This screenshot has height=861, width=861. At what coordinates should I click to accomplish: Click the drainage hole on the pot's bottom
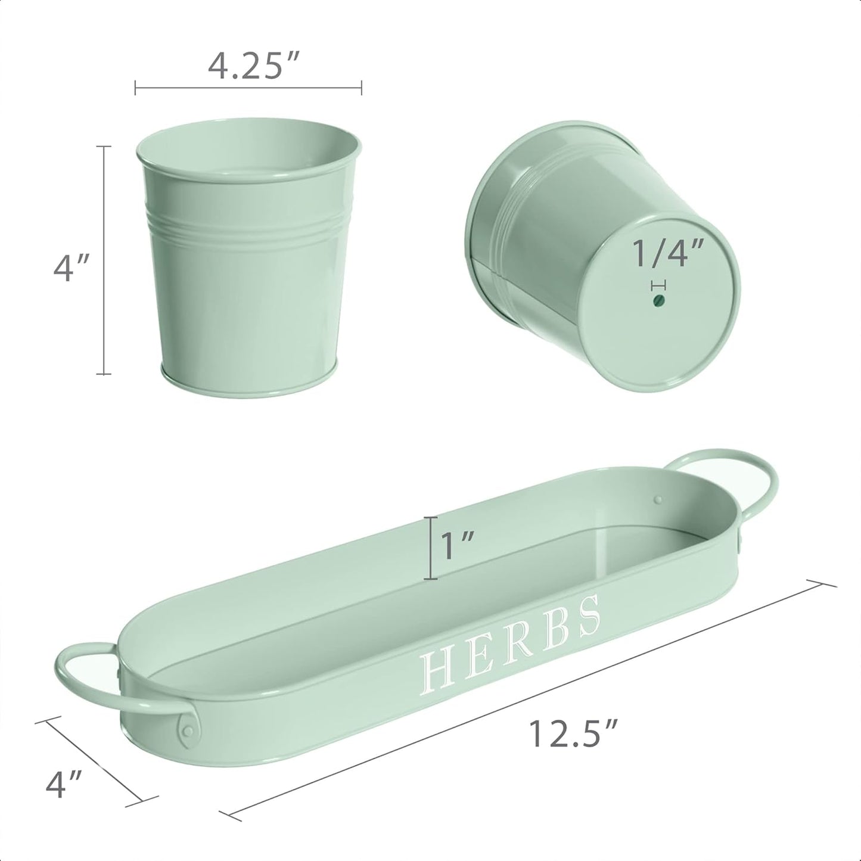coord(658,300)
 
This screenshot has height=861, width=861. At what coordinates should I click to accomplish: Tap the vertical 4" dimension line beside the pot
coord(104,260)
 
